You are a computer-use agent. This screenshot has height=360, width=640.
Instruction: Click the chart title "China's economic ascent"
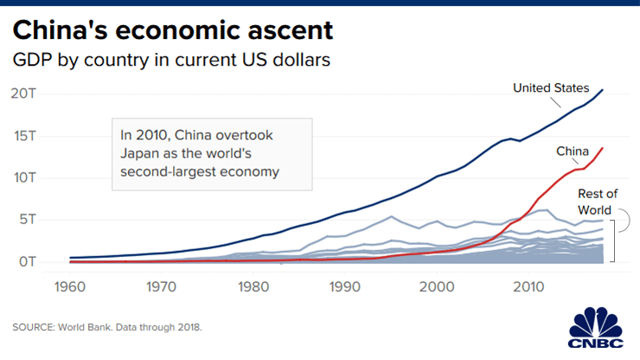(x=172, y=30)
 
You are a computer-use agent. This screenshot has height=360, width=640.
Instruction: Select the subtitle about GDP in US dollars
(x=171, y=61)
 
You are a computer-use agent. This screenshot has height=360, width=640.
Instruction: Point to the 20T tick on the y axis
(x=23, y=93)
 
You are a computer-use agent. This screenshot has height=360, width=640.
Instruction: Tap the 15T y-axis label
(x=23, y=136)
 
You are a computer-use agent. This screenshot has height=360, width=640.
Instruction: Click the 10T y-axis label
(x=23, y=177)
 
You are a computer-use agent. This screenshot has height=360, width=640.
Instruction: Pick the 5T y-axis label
(x=28, y=220)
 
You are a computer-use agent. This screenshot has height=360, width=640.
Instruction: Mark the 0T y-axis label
(x=28, y=261)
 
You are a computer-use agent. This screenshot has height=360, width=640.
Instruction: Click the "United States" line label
(x=550, y=87)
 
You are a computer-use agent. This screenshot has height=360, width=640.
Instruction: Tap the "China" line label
(x=572, y=151)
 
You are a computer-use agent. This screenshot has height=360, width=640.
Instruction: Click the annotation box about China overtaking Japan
(x=212, y=153)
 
